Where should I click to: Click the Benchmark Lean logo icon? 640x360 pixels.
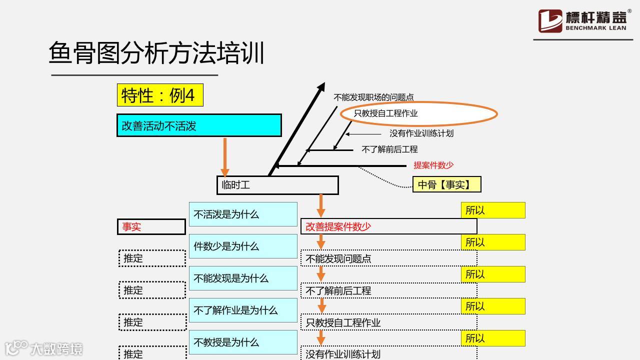coord(550,21)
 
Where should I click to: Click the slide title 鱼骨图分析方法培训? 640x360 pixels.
coord(156,53)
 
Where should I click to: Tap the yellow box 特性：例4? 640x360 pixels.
coord(160,95)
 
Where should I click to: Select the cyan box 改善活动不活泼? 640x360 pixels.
coord(199,125)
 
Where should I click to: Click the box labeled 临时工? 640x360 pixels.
coord(277,185)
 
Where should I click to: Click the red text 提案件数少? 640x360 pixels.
coord(433,165)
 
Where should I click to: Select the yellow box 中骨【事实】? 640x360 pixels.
coord(446,184)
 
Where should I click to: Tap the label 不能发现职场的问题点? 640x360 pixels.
coord(373,97)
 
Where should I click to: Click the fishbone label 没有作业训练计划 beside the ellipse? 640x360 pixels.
coord(421,133)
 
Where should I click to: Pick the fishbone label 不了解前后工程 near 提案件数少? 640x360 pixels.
coord(389,149)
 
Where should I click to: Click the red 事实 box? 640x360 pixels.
coord(151,226)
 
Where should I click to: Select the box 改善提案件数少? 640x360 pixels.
coord(388,226)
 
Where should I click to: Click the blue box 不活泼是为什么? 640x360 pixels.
coord(243,214)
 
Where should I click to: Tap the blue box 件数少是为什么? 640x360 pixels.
coord(243,246)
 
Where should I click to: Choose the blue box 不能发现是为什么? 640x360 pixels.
coord(243,278)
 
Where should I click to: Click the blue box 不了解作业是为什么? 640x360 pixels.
coord(243,310)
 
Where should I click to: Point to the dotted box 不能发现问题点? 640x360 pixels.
coord(388,258)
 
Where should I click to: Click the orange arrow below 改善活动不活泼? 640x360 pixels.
coord(225,156)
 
